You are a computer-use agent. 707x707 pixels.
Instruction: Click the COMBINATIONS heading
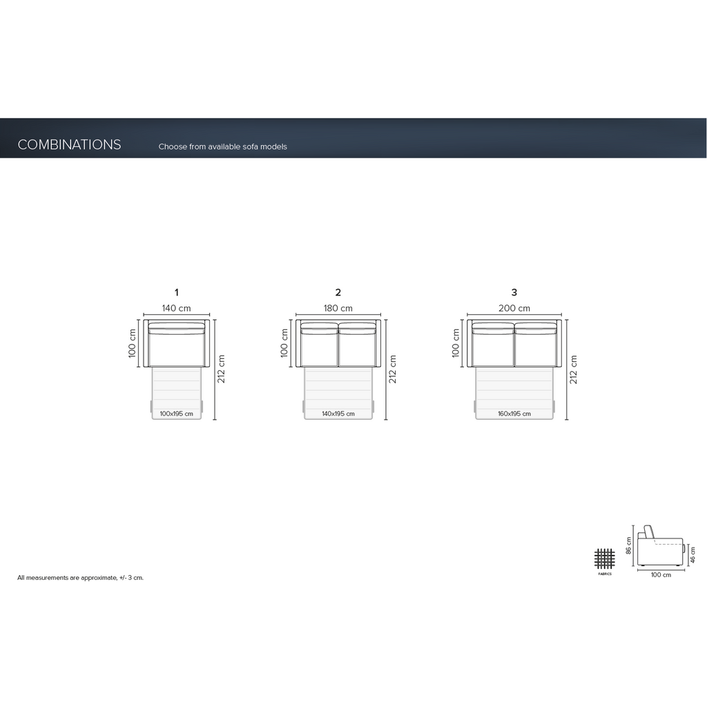(x=69, y=144)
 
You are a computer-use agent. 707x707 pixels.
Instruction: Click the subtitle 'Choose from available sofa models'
(x=222, y=146)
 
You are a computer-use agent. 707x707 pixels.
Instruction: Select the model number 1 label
(x=176, y=293)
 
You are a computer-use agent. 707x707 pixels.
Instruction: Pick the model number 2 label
(x=338, y=293)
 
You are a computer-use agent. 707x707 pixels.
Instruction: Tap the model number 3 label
(x=514, y=293)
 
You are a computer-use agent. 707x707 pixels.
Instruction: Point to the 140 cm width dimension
(x=176, y=309)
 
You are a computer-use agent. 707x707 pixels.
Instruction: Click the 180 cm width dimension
(x=338, y=309)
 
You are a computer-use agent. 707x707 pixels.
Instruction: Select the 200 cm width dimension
(x=514, y=309)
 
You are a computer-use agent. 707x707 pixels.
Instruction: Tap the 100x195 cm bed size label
(x=176, y=414)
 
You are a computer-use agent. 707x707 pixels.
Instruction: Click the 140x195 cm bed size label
(x=338, y=414)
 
